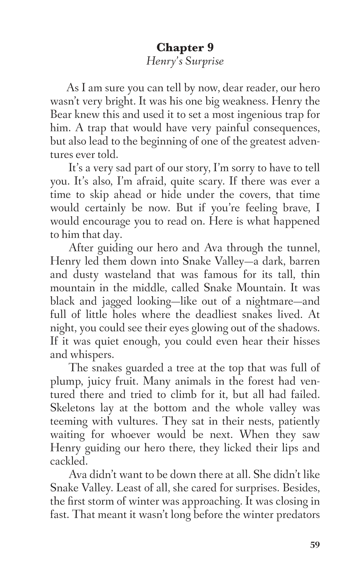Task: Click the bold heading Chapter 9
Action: pos(185,48)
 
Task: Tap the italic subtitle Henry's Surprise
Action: pos(185,62)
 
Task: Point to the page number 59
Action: pos(315,545)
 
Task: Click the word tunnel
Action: pos(303,248)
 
